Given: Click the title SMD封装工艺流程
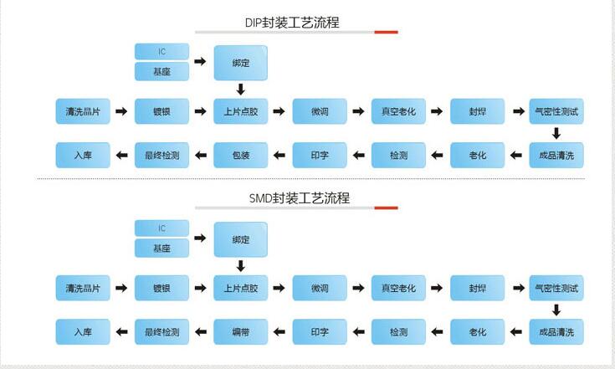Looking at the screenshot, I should point(299,198).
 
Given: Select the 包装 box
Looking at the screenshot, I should point(240,155).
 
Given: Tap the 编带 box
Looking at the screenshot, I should point(240,332).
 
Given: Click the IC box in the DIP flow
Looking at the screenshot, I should point(161,51).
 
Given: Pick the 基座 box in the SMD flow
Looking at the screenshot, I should point(161,249).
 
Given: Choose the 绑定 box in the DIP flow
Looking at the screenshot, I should point(240,62).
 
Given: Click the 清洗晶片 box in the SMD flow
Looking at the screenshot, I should point(83,288).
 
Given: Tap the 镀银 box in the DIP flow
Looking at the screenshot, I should point(161,110).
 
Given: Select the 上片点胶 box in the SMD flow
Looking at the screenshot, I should point(240,288).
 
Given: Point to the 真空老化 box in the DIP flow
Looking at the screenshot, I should point(398,110).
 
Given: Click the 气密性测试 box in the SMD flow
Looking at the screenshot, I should point(556,288).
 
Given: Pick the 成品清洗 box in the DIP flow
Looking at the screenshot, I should point(556,155).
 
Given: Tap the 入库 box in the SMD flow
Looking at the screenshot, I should point(83,332).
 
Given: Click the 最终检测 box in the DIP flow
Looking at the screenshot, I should point(161,155).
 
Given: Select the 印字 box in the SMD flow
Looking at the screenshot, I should point(319,332).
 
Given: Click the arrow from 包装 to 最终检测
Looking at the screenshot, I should point(201,155).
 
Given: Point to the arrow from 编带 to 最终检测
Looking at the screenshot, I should point(201,332).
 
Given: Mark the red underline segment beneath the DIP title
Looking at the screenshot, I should point(386,33).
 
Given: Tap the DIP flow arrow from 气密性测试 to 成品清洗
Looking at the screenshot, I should point(556,132).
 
